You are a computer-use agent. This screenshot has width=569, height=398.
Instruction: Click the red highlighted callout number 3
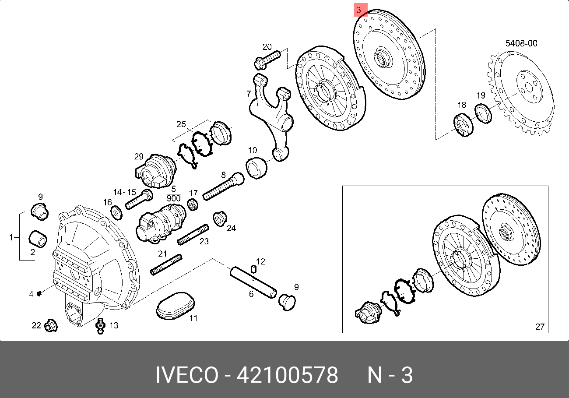361,10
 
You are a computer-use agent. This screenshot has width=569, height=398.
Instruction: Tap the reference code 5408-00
521,43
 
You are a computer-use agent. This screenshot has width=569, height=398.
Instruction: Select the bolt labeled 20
267,60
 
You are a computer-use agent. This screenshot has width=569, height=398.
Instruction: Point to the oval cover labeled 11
175,306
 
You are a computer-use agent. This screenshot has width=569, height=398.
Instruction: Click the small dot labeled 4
39,294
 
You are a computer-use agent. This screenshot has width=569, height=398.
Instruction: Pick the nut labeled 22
51,325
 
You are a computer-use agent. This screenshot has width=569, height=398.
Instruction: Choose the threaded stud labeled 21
166,264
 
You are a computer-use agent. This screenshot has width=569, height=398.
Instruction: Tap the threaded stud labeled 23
193,235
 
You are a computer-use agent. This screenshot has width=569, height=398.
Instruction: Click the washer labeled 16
116,212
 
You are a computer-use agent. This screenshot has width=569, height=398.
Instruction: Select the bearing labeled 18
464,125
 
